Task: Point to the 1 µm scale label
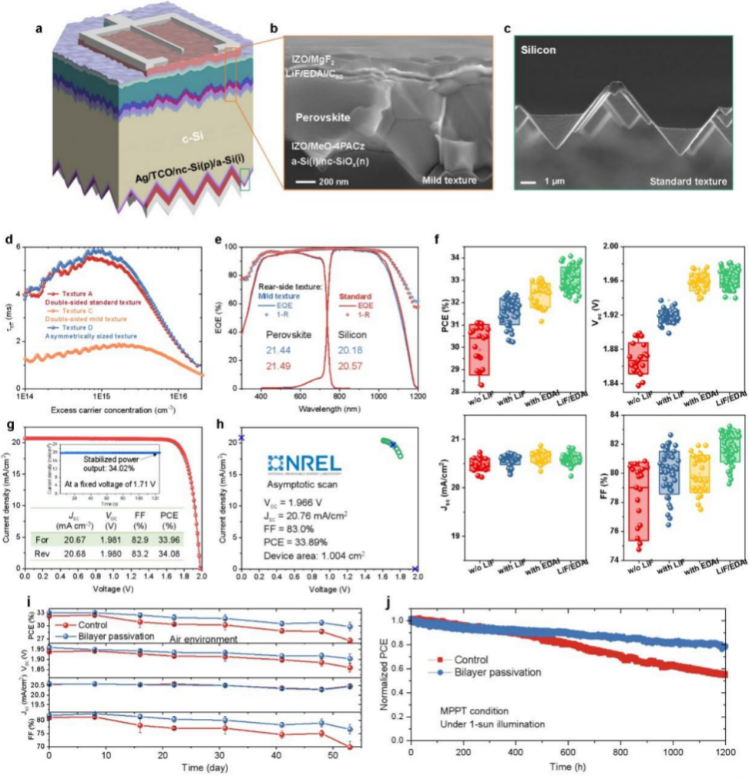[x=547, y=182]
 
